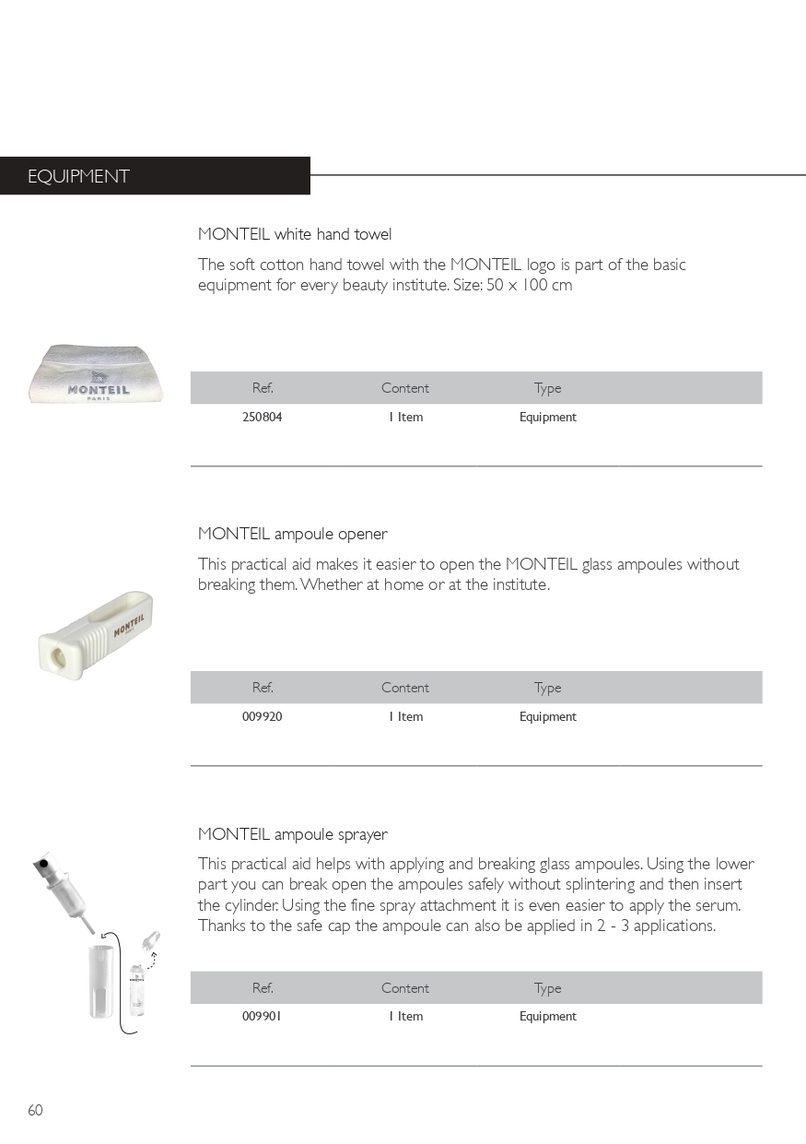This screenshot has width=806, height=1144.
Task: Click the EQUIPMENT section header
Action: pos(78,176)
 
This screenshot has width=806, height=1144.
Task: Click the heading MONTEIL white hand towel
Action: pos(295,234)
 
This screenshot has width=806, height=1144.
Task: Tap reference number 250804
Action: pos(263,417)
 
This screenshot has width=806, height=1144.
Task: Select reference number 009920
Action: pos(263,716)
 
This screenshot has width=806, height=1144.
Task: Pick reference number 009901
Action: pos(263,1016)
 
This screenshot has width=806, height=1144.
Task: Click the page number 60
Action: pos(35,1110)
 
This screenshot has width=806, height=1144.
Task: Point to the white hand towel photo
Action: pos(98,373)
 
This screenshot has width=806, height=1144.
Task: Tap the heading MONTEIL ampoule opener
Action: pos(293,534)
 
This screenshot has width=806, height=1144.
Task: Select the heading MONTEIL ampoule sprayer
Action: pos(293,834)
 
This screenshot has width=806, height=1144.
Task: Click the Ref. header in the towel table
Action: pos(263,388)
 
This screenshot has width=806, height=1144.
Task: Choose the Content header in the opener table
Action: pos(405,688)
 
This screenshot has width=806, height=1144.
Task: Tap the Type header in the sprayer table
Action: pos(547,988)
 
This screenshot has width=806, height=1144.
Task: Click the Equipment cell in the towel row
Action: pos(547,417)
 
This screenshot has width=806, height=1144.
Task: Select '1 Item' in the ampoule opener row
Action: pos(405,716)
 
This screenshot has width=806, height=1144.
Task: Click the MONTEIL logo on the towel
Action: pos(99,389)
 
